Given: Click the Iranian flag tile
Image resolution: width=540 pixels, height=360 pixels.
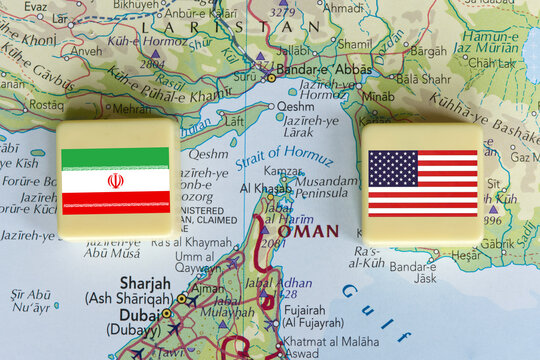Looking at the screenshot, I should click(x=118, y=181).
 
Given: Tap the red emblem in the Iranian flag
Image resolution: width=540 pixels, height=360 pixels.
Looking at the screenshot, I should click(x=116, y=181).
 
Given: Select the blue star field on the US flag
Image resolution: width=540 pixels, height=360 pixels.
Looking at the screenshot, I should click(x=392, y=168).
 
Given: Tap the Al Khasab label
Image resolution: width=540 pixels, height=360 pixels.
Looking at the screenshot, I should click(x=266, y=187).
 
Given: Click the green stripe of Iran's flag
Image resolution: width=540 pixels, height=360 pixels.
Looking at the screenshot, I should click(x=115, y=157).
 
